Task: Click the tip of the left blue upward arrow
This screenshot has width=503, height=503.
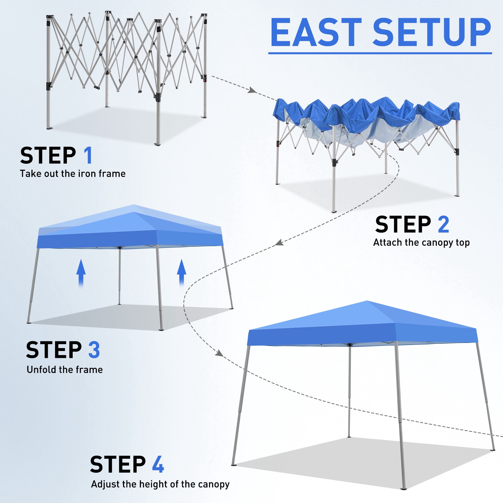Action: [x=81, y=259]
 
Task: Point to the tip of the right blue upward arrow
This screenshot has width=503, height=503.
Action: [x=182, y=259]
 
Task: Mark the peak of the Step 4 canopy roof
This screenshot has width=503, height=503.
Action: [x=367, y=301]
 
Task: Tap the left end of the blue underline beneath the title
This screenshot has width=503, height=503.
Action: [x=268, y=53]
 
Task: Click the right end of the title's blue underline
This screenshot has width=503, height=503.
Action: [x=492, y=53]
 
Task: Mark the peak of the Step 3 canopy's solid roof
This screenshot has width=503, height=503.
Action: [x=135, y=212]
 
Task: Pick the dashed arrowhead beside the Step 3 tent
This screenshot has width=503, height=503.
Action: [x=279, y=243]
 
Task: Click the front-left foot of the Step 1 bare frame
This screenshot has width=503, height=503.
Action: [x=49, y=128]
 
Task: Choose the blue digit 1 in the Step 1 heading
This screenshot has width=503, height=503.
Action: [x=88, y=155]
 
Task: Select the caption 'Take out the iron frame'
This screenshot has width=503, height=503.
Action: [x=73, y=174]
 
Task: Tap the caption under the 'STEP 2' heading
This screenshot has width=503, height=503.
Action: [x=421, y=243]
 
